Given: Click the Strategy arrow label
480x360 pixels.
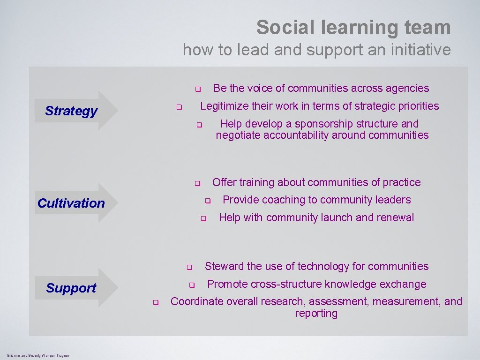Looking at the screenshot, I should point(71,111).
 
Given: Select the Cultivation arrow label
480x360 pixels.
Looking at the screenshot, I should point(71,203).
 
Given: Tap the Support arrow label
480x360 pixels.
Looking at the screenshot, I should point(71,288).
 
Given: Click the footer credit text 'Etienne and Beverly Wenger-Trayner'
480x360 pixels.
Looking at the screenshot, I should point(38,356).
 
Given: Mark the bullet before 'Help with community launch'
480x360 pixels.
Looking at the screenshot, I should point(203,218).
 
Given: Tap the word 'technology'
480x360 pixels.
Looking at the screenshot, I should point(323,266).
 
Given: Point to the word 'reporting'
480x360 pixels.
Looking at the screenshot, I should point(316,314).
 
